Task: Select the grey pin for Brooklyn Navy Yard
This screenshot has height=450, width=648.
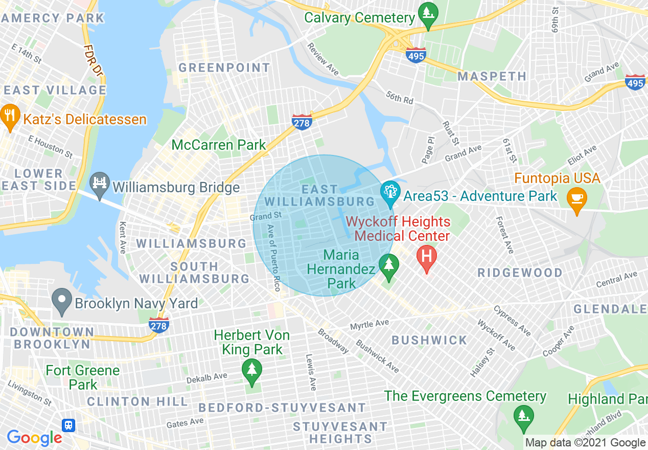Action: pyautogui.click(x=62, y=302)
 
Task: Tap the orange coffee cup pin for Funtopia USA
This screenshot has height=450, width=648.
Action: pyautogui.click(x=576, y=197)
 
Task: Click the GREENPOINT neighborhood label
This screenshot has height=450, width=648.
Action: pyautogui.click(x=224, y=67)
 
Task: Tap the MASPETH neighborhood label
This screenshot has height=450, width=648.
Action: pyautogui.click(x=492, y=77)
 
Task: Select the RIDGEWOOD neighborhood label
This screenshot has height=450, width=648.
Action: pyautogui.click(x=520, y=273)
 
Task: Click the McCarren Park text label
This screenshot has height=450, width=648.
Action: pyautogui.click(x=219, y=145)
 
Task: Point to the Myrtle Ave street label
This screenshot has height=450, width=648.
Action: pyautogui.click(x=369, y=324)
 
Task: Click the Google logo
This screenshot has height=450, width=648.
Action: pyautogui.click(x=34, y=438)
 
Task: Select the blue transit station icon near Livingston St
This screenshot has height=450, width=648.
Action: pyautogui.click(x=68, y=425)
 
